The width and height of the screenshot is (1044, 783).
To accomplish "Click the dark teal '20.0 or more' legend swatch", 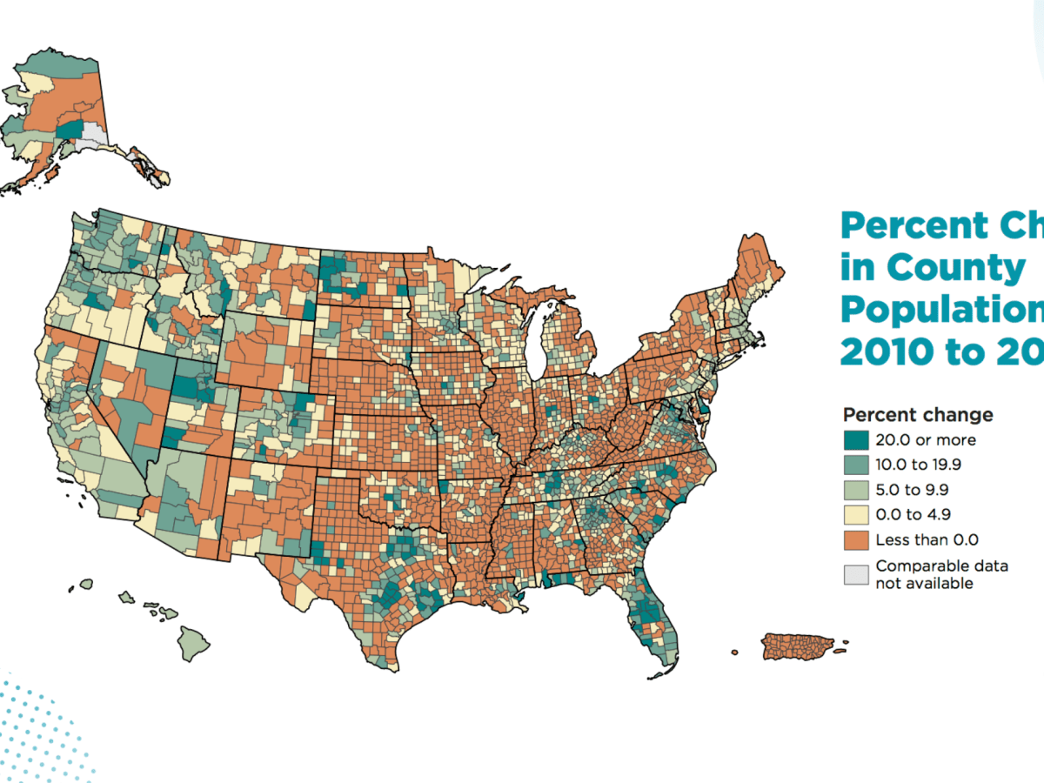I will click(x=856, y=440).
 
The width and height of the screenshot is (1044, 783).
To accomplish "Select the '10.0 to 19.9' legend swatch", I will click(x=856, y=465).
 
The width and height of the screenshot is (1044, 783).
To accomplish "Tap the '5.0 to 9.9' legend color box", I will click(x=856, y=490).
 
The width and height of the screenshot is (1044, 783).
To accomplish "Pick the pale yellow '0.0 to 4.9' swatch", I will click(x=856, y=515).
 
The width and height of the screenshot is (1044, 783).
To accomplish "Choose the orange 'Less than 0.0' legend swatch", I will click(x=856, y=540).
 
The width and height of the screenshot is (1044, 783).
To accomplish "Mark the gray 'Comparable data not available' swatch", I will click(x=856, y=574).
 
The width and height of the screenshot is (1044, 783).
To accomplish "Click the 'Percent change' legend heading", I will click(x=918, y=415).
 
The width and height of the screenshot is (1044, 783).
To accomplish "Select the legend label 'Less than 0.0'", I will click(x=927, y=540).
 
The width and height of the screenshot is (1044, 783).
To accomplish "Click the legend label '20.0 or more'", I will click(x=926, y=440).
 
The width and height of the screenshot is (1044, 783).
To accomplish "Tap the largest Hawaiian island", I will click(x=194, y=643).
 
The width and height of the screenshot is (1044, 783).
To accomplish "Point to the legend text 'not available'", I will click(x=924, y=583).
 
